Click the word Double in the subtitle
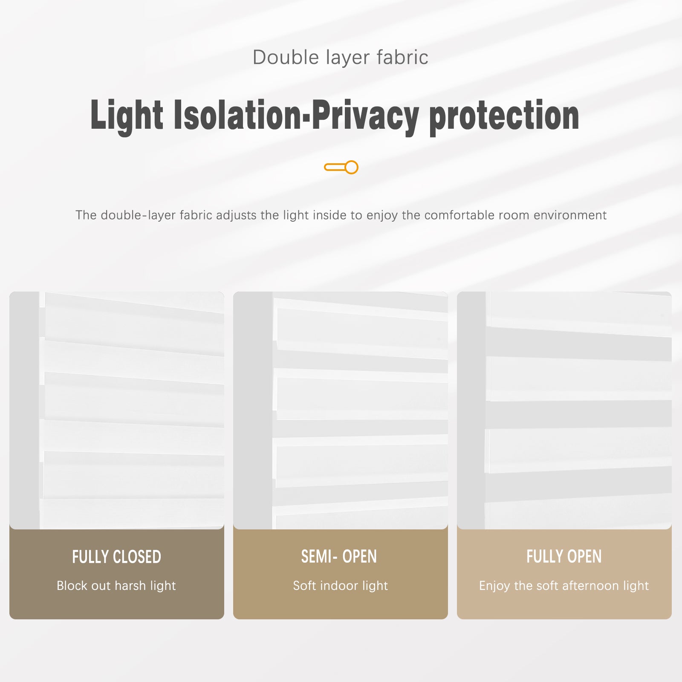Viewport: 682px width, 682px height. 286,58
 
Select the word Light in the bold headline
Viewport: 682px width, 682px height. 127,115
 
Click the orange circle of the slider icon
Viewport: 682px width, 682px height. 351,167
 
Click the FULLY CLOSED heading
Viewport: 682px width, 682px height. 116,557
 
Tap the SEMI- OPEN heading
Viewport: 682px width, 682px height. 339,557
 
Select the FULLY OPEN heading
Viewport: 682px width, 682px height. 564,557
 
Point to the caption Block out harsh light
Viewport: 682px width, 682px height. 116,586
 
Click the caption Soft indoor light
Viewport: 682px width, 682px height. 340,586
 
